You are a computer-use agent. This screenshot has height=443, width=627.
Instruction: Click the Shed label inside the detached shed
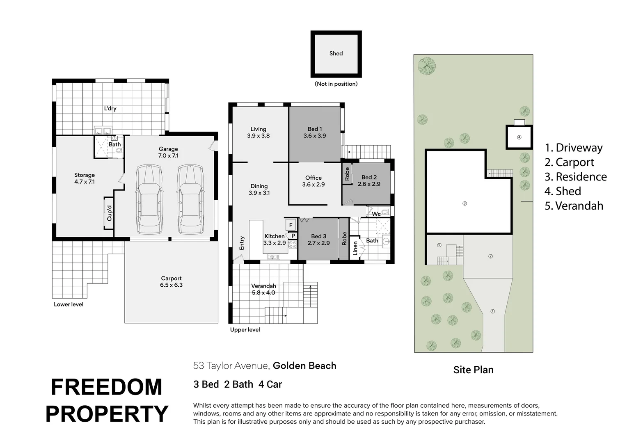[336, 53]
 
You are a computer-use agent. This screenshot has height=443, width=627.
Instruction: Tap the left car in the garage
[150, 199]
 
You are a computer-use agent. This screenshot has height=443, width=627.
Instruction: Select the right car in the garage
[190, 199]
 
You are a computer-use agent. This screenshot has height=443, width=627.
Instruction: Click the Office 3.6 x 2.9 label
[313, 181]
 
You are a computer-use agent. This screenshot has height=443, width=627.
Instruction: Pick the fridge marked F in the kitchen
[291, 225]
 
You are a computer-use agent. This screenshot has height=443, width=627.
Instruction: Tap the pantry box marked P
[293, 236]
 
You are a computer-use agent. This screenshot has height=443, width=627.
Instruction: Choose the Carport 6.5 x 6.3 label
[171, 281]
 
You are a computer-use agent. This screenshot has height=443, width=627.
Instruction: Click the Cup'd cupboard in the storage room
[109, 213]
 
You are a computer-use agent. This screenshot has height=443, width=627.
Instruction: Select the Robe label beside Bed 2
[347, 174]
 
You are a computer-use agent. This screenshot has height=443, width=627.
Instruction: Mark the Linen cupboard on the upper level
[355, 248]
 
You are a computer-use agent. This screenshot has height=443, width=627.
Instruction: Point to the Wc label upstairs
[376, 214]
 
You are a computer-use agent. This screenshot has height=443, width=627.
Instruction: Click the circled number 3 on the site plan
[465, 203]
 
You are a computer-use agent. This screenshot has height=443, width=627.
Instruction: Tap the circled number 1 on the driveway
[493, 311]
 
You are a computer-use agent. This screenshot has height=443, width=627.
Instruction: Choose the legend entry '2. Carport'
[569, 162]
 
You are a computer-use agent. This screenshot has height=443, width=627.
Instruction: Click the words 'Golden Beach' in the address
[304, 365]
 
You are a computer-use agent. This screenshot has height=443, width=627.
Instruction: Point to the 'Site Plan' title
[473, 370]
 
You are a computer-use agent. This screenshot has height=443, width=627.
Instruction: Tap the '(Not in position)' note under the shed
[336, 84]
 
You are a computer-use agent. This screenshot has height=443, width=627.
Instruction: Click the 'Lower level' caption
[69, 304]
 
